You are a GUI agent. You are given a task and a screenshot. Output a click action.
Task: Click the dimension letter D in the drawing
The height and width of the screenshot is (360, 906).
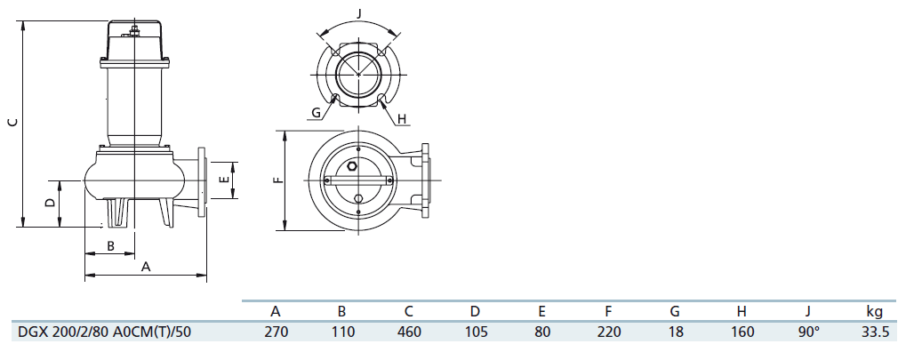51,203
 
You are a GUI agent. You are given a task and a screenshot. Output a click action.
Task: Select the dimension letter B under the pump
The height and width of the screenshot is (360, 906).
111,246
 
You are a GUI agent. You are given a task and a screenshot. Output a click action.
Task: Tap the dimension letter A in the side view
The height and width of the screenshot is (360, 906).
146,267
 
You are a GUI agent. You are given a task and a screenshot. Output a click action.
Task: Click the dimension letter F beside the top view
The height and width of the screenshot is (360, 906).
279,180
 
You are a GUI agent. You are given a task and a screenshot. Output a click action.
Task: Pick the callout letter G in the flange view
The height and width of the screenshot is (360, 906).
316,113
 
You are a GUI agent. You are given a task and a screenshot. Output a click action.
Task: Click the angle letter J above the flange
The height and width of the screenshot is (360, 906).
359,12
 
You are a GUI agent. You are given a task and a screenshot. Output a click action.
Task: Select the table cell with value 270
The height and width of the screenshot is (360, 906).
276,332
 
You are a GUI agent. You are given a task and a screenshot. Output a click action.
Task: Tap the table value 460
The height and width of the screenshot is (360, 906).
408,332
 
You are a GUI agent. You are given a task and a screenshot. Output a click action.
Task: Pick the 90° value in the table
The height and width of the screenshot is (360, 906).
808,332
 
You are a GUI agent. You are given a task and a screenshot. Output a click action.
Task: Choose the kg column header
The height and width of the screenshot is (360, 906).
874,312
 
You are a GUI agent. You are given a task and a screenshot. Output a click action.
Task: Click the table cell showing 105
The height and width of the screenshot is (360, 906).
475,332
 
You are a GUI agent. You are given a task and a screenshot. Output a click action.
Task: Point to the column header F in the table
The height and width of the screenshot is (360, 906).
608,311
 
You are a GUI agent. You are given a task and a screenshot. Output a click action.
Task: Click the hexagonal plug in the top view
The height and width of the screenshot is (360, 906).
352,166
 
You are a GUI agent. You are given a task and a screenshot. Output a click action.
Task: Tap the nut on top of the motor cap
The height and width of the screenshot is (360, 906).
134,28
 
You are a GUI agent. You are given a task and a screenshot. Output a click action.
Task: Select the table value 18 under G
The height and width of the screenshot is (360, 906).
675,332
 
